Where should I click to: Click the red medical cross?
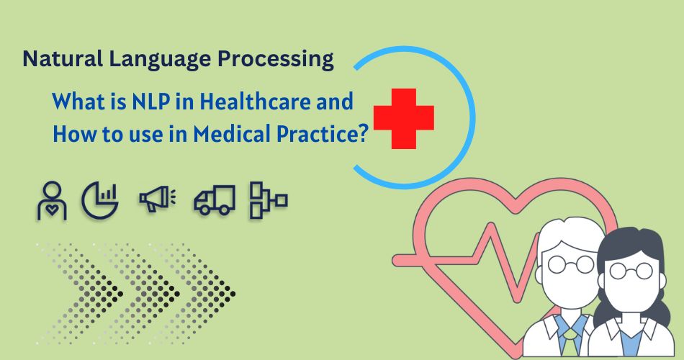(x=403, y=118)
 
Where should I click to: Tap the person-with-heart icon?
(x=52, y=202)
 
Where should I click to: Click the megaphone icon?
(x=154, y=201)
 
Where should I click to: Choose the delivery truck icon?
(x=214, y=202)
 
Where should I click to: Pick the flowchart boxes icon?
(x=268, y=200)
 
